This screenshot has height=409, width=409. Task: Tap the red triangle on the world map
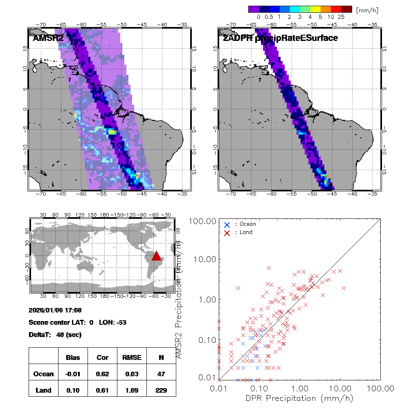coord(156,256)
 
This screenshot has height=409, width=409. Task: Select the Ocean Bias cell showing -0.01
coord(73,374)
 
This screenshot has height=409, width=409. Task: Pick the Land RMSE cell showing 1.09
coord(132,390)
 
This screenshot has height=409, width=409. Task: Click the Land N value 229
coord(161,390)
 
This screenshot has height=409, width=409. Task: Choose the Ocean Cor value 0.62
coord(102,374)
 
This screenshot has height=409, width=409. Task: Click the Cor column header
coord(102,357)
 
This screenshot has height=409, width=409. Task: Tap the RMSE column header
coord(132,357)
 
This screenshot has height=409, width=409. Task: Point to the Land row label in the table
coord(43,390)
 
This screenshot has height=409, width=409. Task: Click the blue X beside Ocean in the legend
coord(227,225)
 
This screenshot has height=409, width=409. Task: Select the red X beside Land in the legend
coord(227,232)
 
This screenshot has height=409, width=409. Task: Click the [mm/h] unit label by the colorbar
coord(367,9)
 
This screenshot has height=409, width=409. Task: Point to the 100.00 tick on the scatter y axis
coord(201,221)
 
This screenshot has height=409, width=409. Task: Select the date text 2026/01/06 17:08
coord(55,310)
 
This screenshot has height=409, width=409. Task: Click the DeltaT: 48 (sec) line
coord(55,335)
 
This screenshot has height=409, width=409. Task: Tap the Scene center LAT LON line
coord(77,322)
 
